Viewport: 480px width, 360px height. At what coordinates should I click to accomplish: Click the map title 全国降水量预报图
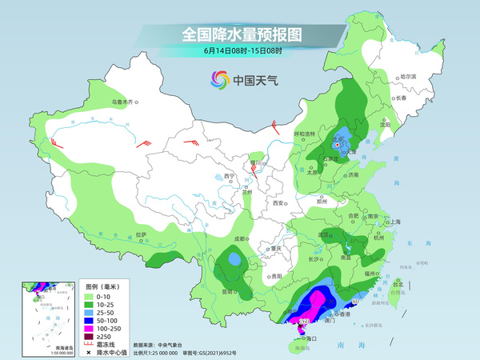click(239, 35)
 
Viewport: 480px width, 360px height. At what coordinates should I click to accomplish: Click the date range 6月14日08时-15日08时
click(239, 52)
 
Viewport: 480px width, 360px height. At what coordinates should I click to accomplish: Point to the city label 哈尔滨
click(408, 76)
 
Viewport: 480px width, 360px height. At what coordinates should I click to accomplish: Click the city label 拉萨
click(142, 234)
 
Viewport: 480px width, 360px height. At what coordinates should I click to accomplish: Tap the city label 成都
click(239, 238)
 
